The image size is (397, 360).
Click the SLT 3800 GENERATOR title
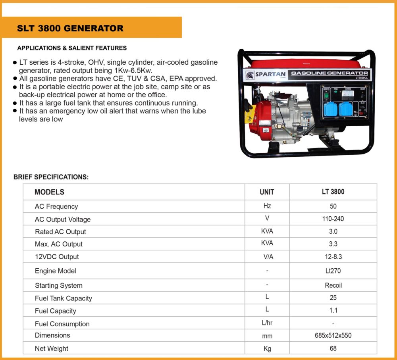tap(70, 29)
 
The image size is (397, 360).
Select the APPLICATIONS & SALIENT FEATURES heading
tap(72, 48)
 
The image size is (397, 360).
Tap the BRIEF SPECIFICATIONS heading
tap(51, 177)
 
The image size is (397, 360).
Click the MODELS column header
tap(49, 192)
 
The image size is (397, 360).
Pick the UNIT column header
tap(267, 192)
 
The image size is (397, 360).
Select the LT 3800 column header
tap(333, 192)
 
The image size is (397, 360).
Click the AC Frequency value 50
tap(333, 206)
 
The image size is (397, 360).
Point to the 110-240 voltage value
tap(333, 219)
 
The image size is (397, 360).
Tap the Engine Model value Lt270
tap(333, 271)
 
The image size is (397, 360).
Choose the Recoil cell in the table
tap(333, 285)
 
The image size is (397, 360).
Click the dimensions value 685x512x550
tap(333, 335)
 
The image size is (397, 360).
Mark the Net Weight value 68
tap(333, 348)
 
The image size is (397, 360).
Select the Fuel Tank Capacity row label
tap(64, 298)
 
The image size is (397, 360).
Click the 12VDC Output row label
tap(57, 257)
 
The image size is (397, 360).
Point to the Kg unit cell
tap(267, 348)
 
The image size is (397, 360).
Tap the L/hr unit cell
tap(267, 323)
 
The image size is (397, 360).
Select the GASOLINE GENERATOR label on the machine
tap(330, 73)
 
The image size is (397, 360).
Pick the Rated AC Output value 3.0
tap(333, 231)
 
